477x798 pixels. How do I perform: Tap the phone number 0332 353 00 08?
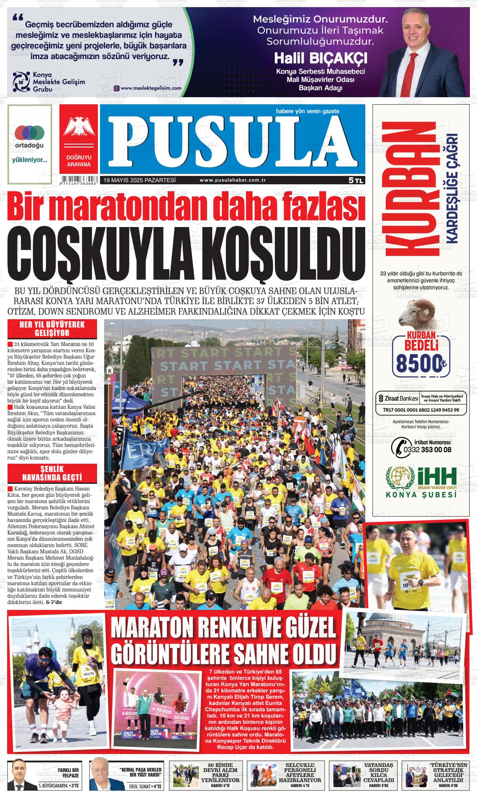(x=427, y=449)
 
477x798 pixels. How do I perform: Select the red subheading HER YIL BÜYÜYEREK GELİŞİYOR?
(x=52, y=329)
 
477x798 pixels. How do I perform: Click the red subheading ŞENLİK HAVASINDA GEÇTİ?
(x=52, y=473)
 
